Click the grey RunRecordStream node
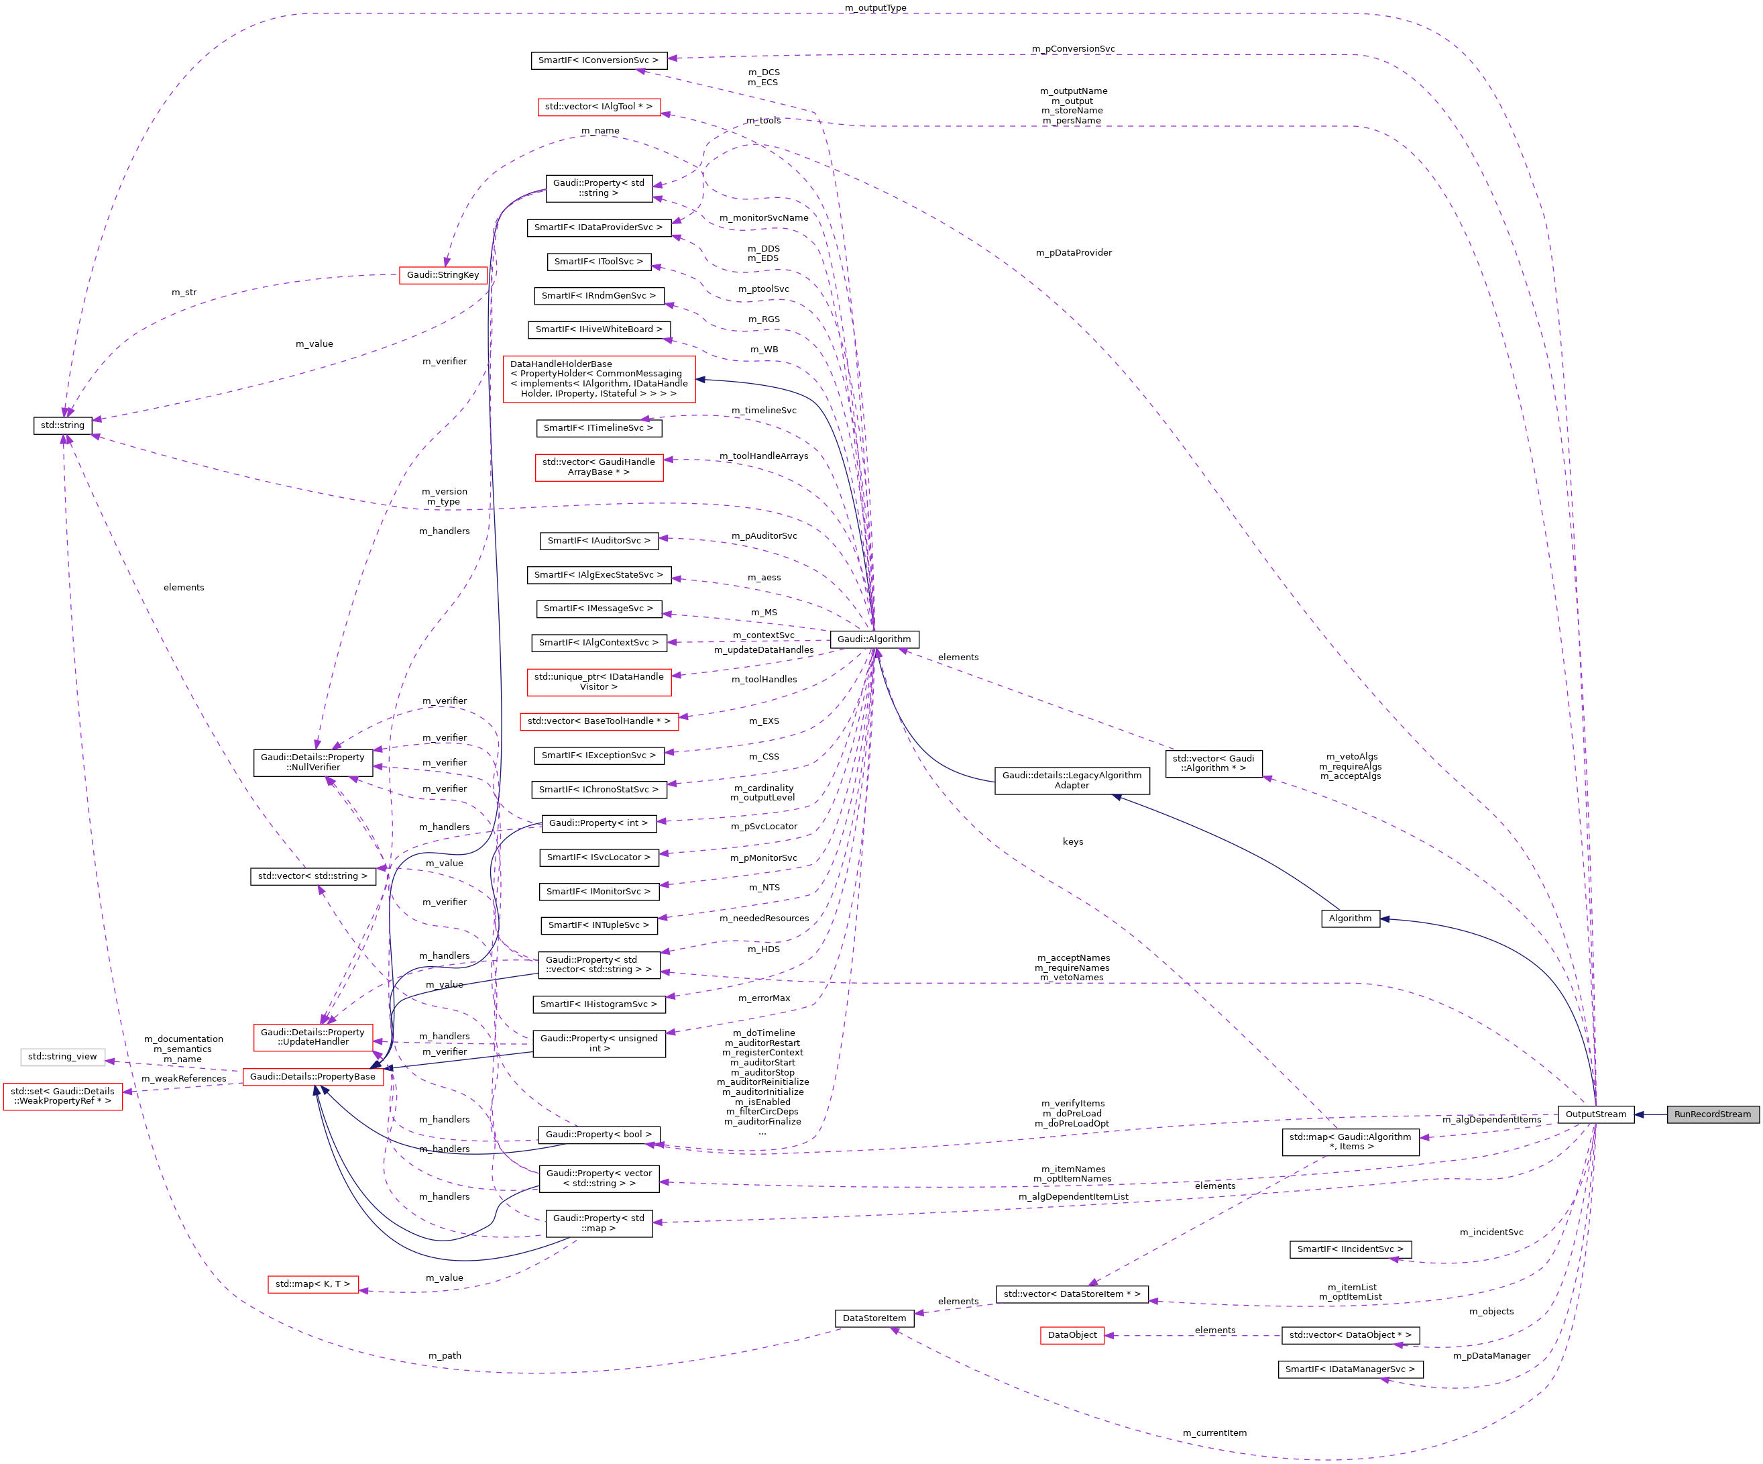click(x=1712, y=1114)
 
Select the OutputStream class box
click(x=1595, y=1114)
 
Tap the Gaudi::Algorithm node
click(x=873, y=639)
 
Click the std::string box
click(x=62, y=425)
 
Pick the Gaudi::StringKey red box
click(x=443, y=274)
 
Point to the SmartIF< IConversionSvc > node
click(x=599, y=60)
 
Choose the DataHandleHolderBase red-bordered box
click(x=599, y=379)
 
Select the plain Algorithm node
click(x=1349, y=918)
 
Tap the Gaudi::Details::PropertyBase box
click(x=312, y=1076)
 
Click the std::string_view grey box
click(x=62, y=1056)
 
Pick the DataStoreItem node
click(x=874, y=1318)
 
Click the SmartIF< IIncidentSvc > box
click(x=1349, y=1249)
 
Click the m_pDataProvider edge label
click(x=1073, y=253)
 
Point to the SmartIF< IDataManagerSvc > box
click(x=1349, y=1369)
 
